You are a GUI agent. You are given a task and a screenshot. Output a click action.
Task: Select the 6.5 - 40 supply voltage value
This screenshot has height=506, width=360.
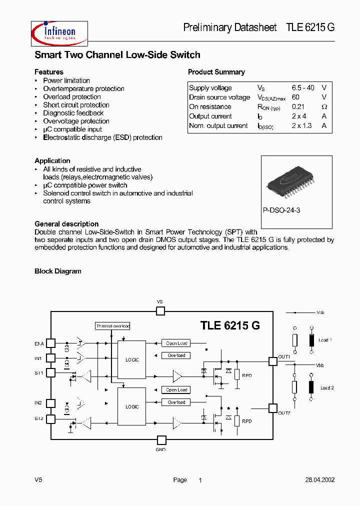(303, 88)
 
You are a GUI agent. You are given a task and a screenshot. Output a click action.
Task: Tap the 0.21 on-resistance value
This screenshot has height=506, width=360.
(298, 106)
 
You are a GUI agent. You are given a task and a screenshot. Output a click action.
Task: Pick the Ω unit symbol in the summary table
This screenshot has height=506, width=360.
(324, 107)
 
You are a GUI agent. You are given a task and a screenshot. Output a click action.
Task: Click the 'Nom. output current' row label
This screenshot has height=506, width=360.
(218, 126)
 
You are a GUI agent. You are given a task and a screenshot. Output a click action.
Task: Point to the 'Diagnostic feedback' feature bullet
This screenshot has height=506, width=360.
(73, 113)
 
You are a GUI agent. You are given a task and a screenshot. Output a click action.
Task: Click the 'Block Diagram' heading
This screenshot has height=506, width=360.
(57, 271)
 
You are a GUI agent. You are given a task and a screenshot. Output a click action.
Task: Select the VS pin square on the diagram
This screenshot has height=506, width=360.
(160, 311)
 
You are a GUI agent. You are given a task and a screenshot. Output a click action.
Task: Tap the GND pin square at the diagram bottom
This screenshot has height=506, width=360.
(161, 440)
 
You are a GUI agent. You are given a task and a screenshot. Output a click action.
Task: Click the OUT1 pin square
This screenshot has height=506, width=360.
(272, 361)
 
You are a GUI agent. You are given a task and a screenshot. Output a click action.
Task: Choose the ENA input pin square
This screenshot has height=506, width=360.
(51, 343)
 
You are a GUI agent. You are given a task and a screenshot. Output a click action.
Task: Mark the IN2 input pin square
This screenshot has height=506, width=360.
(51, 403)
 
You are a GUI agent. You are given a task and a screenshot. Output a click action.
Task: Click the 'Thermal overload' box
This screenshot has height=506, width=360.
(113, 326)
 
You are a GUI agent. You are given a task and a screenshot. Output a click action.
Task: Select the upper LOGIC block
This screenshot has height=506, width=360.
(132, 360)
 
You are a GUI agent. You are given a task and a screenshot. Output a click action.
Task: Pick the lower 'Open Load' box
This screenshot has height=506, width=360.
(176, 390)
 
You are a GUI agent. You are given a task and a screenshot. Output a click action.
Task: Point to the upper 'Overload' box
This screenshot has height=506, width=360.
(176, 355)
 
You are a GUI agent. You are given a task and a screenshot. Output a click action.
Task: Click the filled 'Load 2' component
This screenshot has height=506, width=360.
(312, 387)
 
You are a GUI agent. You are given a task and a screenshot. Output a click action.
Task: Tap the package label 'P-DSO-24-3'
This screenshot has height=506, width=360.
(281, 210)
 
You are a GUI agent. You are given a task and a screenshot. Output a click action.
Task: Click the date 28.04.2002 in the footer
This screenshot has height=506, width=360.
(320, 480)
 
